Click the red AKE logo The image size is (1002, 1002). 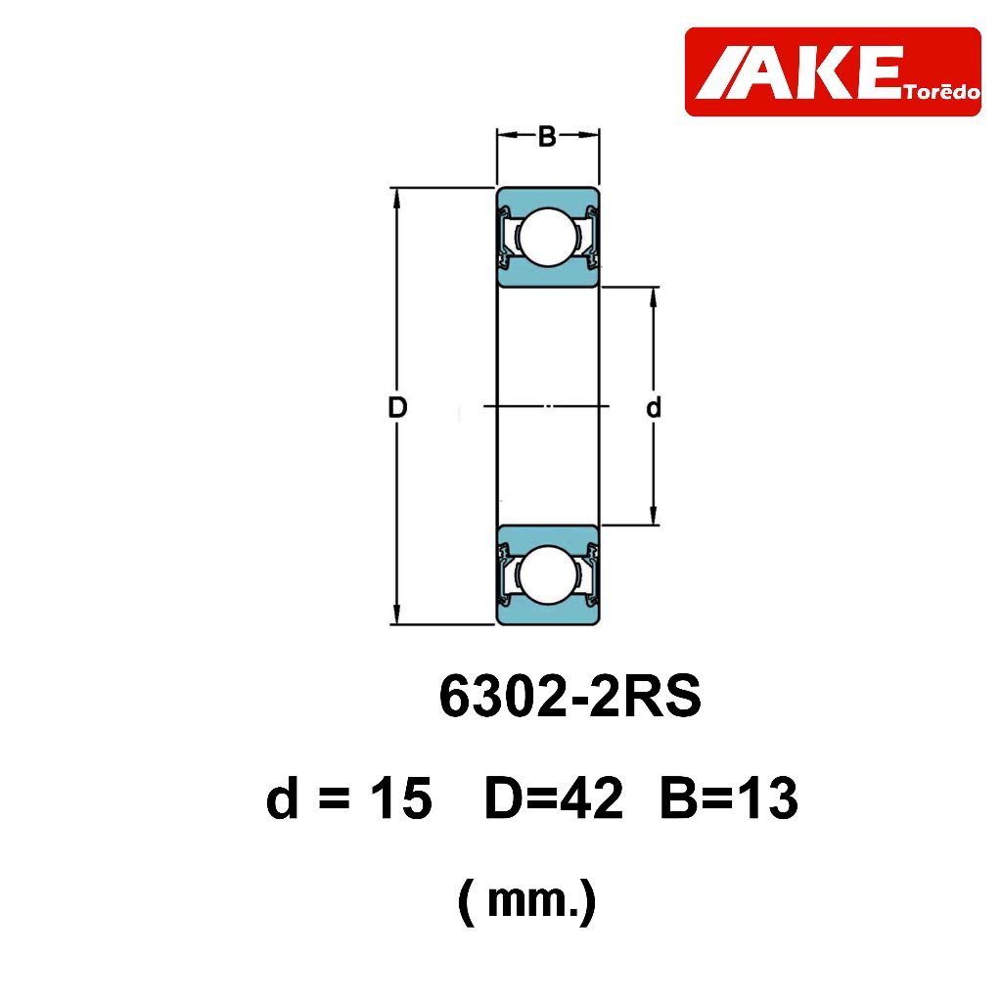coord(833,71)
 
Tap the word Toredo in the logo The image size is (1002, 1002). coord(942,92)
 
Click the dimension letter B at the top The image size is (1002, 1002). coord(547,136)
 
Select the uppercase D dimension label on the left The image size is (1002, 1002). coord(397,408)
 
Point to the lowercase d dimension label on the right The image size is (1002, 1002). coord(653,407)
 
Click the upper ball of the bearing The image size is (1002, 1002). coord(548,236)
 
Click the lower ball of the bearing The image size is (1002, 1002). coord(548,573)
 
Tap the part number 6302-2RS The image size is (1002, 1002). coord(570,697)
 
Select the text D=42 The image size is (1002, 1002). coord(554,798)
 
